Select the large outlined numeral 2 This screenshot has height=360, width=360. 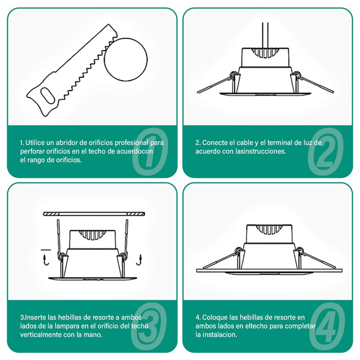coord(326,152)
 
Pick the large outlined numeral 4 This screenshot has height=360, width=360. coord(328,326)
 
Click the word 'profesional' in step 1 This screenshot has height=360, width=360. coord(131,143)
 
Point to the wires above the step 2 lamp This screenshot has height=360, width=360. coord(265,36)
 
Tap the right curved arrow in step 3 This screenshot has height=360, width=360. coord(139,260)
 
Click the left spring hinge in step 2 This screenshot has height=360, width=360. coord(234,75)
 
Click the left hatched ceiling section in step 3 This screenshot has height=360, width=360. coord(51,214)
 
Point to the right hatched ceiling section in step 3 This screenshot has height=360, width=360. coord(136,214)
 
